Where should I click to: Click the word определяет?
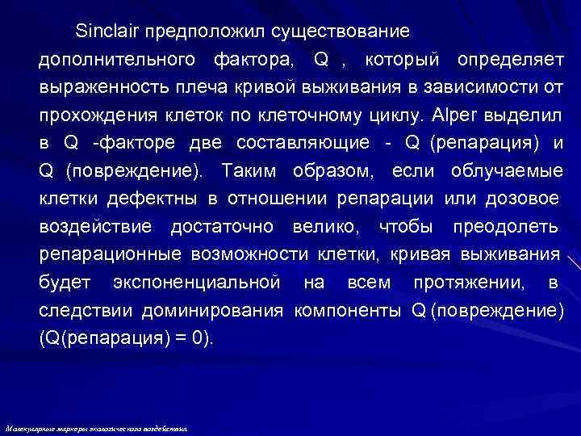coord(509,60)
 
